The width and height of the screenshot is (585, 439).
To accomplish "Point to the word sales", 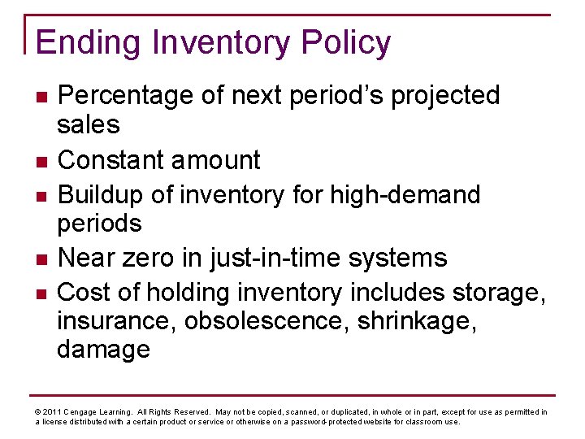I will [89, 125].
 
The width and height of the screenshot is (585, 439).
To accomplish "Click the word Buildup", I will [107, 195].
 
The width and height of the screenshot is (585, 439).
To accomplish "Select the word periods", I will [99, 224].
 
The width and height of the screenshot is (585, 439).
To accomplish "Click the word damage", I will [103, 350].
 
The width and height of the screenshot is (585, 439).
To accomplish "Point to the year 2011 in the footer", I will [50, 412].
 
